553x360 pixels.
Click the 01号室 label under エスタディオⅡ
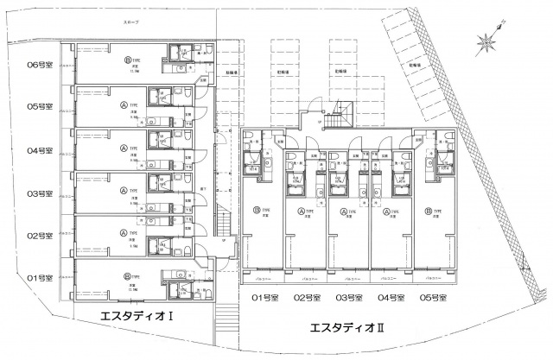(x=261, y=299)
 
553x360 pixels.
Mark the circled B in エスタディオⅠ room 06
(x=128, y=60)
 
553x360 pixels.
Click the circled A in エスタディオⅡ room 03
(x=343, y=211)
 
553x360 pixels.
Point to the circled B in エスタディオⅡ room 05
(x=428, y=211)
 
